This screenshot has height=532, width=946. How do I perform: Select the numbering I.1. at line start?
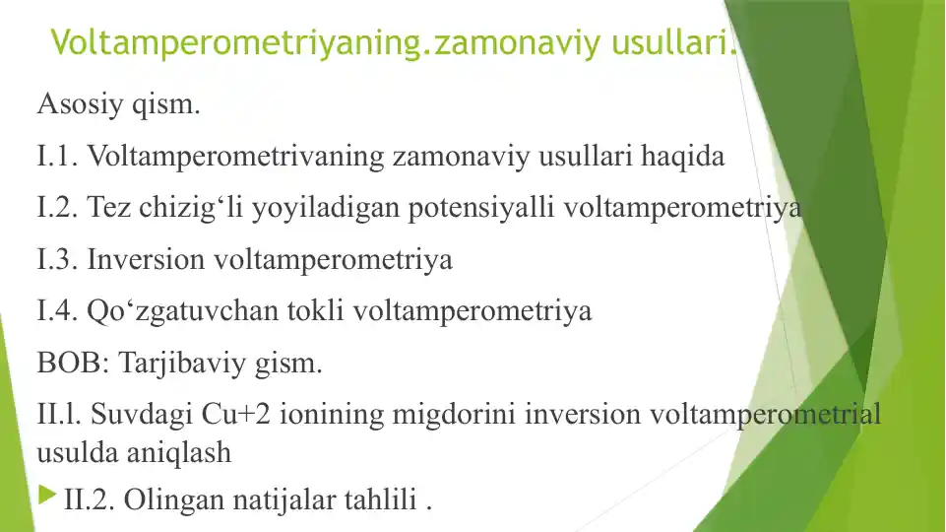coord(58,156)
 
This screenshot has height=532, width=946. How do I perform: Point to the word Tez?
coord(106,208)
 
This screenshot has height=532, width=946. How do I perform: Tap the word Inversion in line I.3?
coord(147,260)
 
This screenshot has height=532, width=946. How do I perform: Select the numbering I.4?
coord(58,312)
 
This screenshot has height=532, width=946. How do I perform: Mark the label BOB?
coord(73,365)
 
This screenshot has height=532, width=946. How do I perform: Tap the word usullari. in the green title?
coord(674,42)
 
